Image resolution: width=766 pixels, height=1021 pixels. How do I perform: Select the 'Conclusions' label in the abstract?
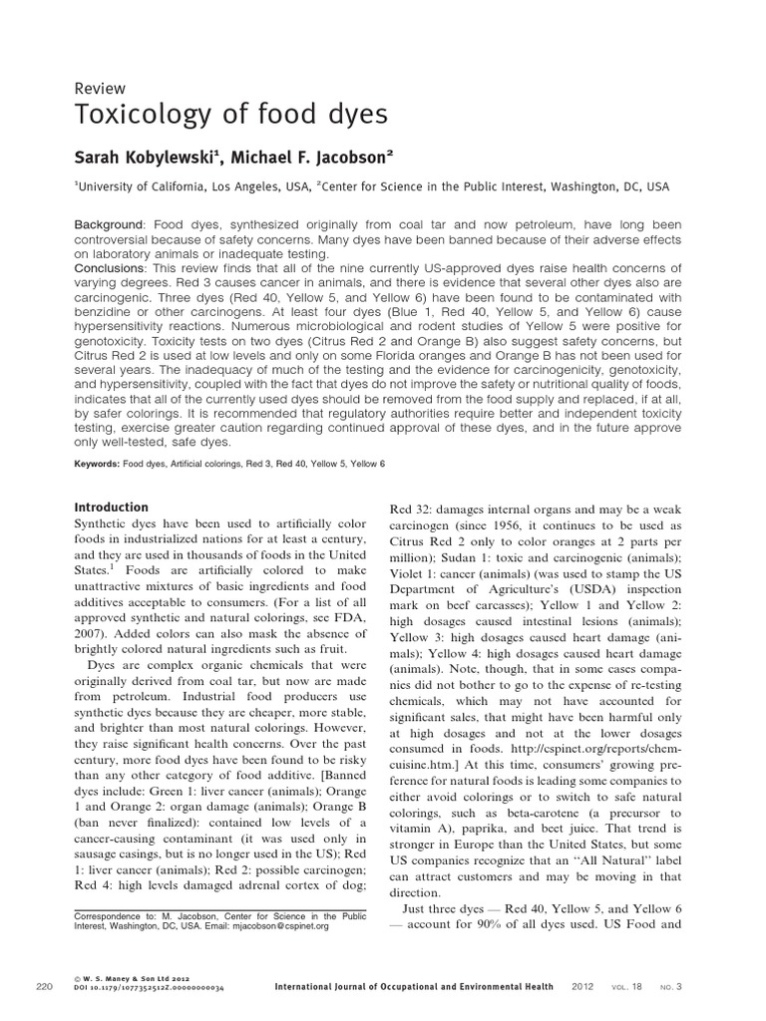tap(112, 268)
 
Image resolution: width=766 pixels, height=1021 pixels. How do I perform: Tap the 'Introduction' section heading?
tap(112, 508)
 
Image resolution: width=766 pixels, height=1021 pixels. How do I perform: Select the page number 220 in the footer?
tap(44, 987)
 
